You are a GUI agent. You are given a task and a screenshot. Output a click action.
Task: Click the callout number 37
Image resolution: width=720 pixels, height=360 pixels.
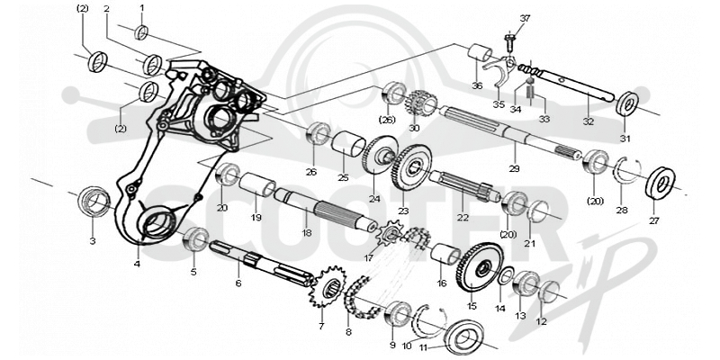525,18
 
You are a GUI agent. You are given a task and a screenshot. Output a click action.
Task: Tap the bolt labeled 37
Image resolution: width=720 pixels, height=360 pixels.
508,41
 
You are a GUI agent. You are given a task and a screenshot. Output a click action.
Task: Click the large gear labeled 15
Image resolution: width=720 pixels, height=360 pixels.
480,267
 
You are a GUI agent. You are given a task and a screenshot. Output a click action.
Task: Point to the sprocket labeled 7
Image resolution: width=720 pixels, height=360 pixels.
327,287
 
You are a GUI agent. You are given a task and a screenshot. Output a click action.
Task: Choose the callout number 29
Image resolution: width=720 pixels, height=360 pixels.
514,169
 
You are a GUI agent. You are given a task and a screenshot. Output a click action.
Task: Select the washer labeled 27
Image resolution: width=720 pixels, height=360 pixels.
660,183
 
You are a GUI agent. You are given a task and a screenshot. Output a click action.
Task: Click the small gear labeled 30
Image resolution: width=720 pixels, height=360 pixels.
420,104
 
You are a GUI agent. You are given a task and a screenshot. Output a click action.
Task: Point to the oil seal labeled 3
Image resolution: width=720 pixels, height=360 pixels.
94,201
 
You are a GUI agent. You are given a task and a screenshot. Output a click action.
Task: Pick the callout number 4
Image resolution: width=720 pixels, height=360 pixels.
137,264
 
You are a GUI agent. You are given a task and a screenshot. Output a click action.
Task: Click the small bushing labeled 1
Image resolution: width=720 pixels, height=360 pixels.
141,32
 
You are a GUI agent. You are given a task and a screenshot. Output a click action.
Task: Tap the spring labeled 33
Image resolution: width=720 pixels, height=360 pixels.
531,94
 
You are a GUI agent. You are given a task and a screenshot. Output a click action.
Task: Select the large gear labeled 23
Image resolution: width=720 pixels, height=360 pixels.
412,167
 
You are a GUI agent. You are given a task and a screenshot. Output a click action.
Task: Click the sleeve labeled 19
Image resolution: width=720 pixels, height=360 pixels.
256,185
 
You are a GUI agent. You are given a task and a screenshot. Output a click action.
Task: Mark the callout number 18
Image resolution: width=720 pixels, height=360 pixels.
307,233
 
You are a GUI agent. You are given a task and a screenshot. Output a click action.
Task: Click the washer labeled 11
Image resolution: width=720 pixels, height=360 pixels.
463,338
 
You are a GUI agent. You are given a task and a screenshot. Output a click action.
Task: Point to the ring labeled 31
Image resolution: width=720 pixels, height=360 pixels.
626,104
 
